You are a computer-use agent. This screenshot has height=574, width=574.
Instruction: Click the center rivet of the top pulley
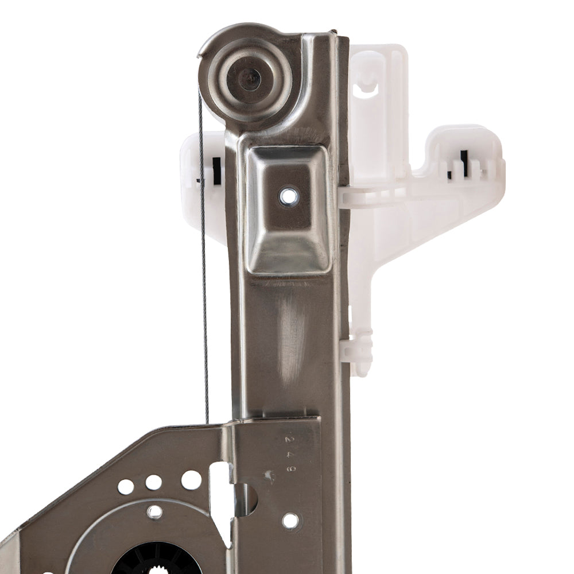click(x=249, y=79)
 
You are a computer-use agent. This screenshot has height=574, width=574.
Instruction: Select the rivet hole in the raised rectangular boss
click(x=289, y=197)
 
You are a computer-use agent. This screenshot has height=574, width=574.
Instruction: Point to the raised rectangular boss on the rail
click(x=288, y=210)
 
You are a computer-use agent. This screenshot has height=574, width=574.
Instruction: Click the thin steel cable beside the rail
click(x=204, y=258)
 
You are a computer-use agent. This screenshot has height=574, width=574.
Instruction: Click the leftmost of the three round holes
click(x=126, y=487)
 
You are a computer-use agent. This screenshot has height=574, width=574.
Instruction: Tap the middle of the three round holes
click(x=153, y=482)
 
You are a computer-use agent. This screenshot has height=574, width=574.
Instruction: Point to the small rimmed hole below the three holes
click(x=154, y=511)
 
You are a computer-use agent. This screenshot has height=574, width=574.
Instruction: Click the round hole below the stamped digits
click(x=290, y=521)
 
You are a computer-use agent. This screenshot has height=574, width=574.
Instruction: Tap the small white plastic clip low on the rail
click(x=357, y=350)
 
